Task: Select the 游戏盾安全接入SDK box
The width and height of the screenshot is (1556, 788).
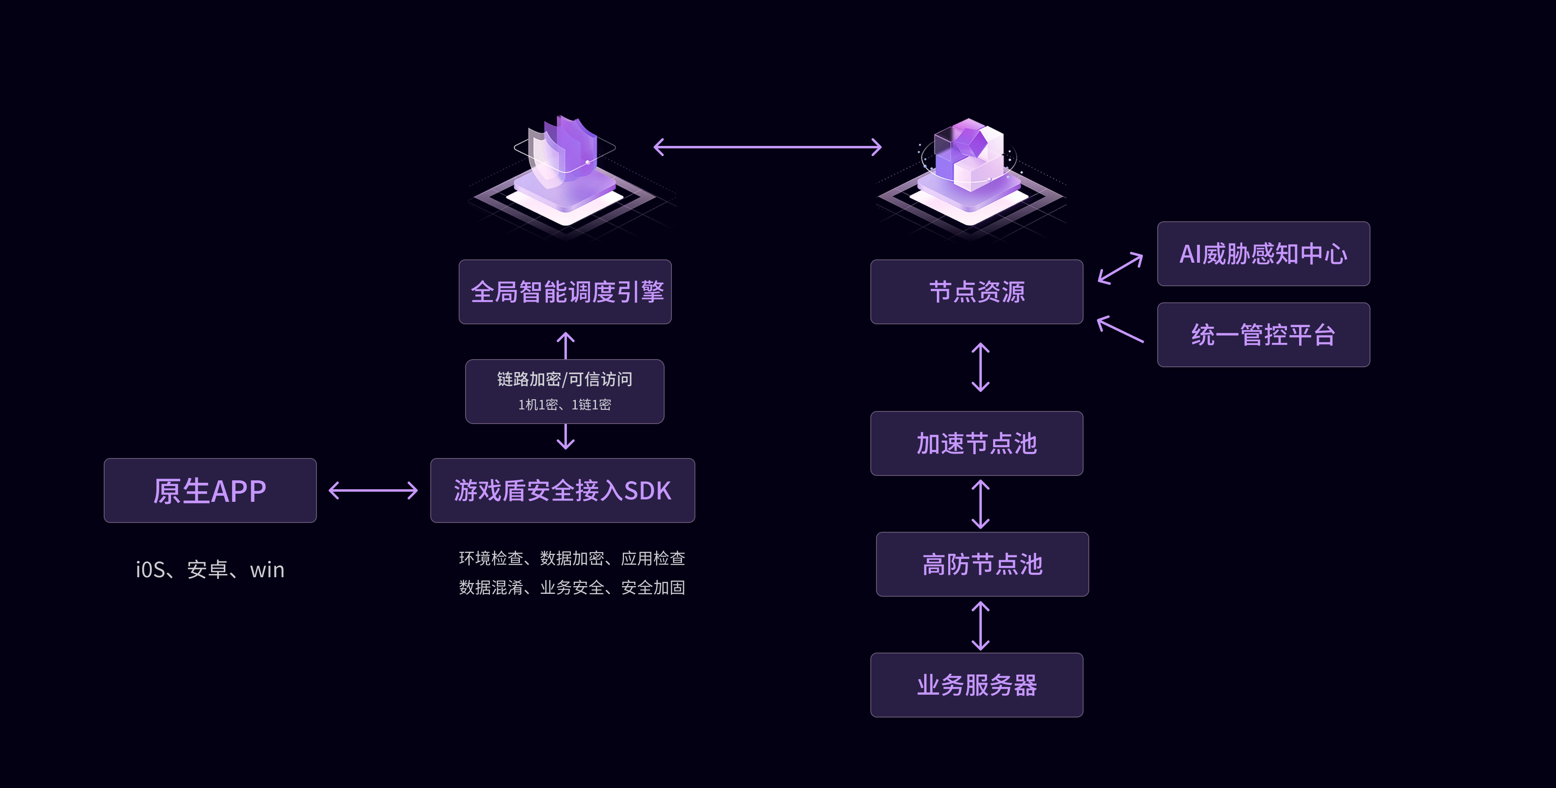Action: click(x=562, y=490)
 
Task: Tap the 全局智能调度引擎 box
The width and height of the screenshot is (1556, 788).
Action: click(x=565, y=292)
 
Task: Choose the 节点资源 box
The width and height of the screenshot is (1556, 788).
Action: click(x=976, y=292)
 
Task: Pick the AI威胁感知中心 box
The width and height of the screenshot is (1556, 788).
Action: click(x=1263, y=254)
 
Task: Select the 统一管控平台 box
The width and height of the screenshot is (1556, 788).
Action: click(x=1263, y=335)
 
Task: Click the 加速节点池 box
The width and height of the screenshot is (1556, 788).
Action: click(x=976, y=443)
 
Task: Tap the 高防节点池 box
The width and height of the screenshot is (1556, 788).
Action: click(x=982, y=564)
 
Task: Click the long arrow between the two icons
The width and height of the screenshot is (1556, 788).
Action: click(x=767, y=147)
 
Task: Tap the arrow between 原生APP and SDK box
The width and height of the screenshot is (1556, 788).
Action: click(x=373, y=490)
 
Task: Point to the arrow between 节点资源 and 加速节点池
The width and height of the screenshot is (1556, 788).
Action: click(x=980, y=367)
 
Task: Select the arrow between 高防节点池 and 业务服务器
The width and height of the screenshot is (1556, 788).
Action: click(x=980, y=625)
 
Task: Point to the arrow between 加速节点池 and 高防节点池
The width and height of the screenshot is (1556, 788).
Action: click(x=980, y=504)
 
